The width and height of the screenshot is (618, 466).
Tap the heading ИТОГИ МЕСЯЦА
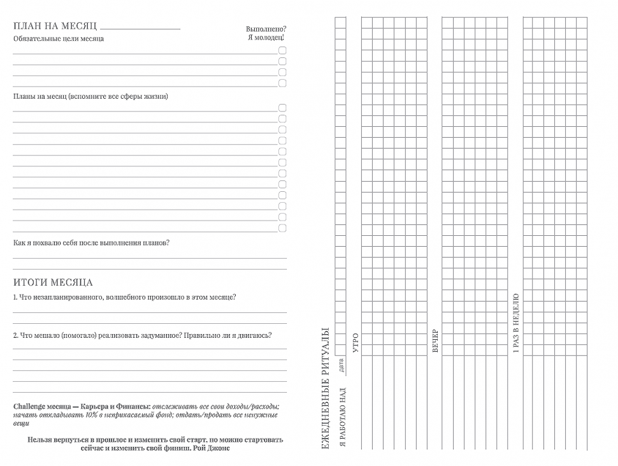pos(53,282)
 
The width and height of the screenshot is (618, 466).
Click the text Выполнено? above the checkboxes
pos(266,29)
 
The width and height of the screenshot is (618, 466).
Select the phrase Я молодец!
pos(266,38)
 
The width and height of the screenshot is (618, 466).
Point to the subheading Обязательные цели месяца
pos(59,39)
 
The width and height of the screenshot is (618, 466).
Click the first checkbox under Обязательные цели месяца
pos(282,50)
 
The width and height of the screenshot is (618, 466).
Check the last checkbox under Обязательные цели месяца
pos(282,83)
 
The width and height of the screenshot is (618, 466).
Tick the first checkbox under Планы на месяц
pos(282,108)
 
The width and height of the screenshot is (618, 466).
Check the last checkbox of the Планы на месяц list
pos(282,228)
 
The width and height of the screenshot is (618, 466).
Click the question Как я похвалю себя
pos(91,243)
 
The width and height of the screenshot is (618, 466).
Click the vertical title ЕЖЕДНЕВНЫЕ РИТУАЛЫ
pos(326,390)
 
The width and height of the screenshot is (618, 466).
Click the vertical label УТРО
pos(356,342)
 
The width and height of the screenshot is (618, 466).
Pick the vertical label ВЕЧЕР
pos(436,341)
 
